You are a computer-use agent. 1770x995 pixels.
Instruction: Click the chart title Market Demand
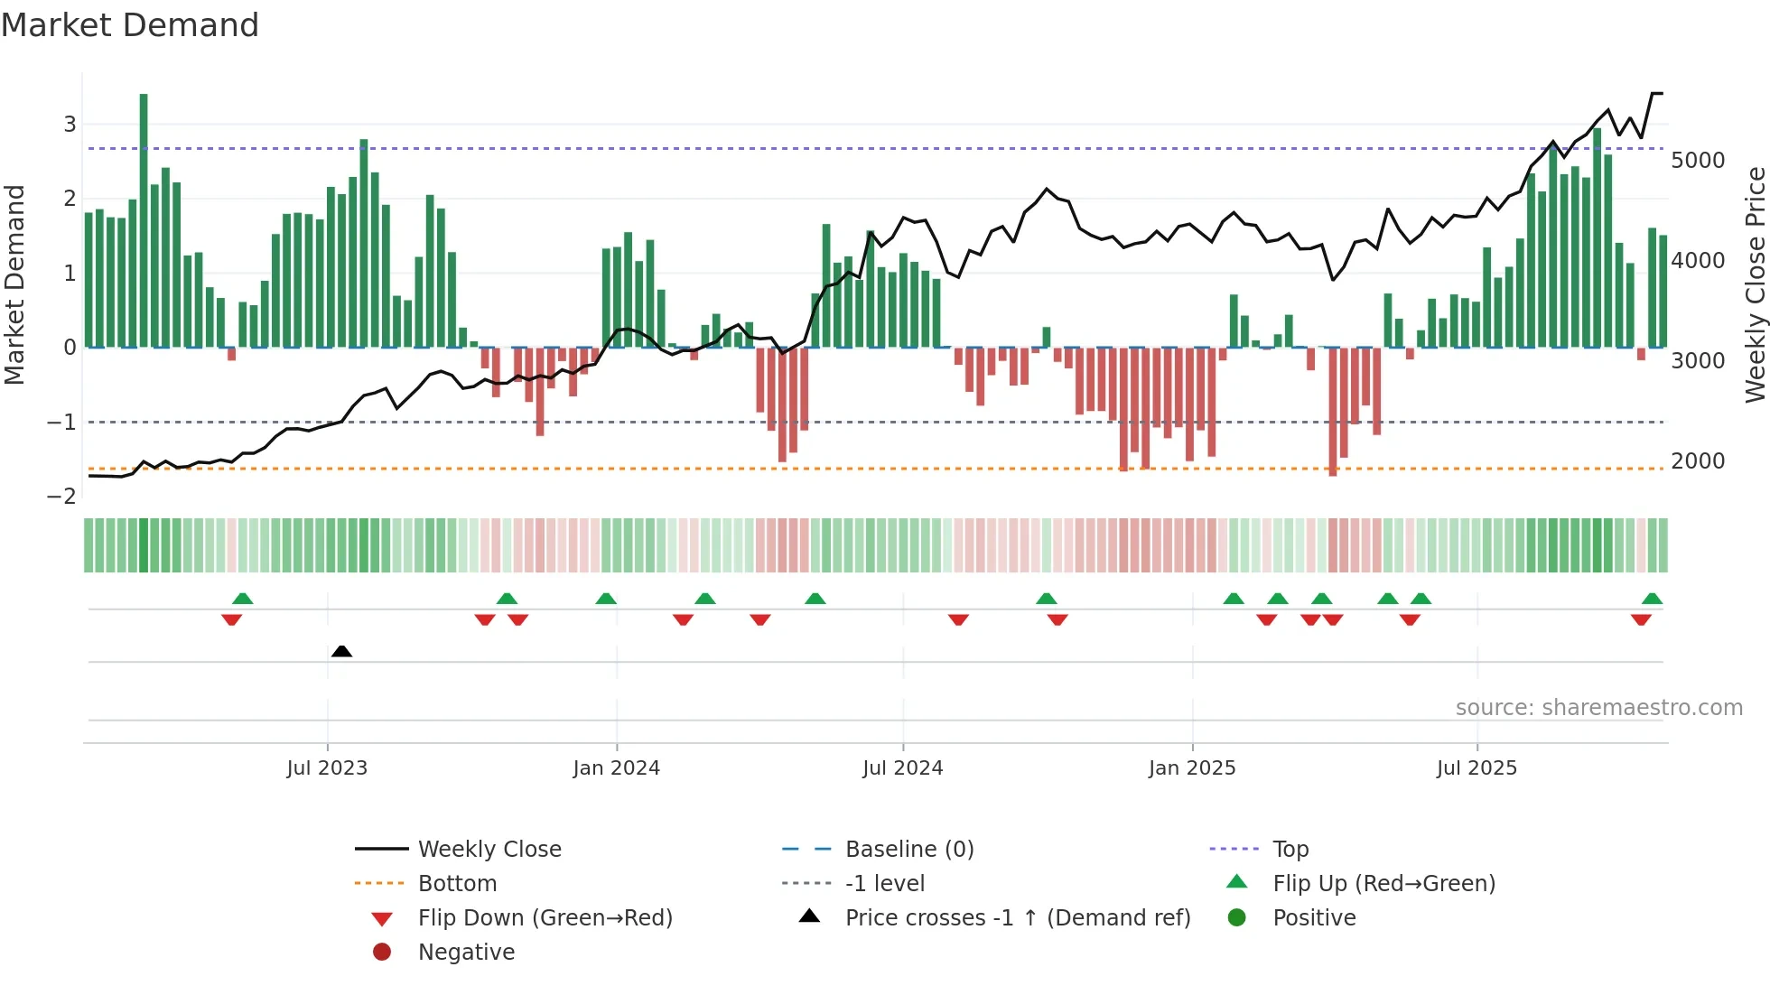130,25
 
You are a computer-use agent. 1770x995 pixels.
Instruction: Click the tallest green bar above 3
144,217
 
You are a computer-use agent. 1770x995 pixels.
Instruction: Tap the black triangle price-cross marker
341,651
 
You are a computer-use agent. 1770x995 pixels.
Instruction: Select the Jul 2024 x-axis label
902,768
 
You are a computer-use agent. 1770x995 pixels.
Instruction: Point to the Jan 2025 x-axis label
1192,768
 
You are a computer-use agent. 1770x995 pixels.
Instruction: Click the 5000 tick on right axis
1698,161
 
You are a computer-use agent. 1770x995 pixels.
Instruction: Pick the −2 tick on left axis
61,497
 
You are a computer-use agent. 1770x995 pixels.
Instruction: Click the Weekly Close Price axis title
1755,284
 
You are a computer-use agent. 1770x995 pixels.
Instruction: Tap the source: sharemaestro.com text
1598,708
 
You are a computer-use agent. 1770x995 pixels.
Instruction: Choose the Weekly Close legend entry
489,850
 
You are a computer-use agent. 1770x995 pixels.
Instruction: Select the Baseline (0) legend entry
908,850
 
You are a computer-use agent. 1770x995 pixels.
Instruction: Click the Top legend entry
1290,850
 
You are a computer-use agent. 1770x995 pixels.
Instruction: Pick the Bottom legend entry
457,884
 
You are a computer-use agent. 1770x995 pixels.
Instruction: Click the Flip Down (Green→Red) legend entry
545,918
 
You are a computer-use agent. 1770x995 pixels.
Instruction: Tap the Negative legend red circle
382,953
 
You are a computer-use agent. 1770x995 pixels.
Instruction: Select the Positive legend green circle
1237,918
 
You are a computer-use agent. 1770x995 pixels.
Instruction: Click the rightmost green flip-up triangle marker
1652,599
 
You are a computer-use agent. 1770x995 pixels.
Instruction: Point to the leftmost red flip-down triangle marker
231,619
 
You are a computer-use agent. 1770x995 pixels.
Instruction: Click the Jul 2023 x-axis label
327,768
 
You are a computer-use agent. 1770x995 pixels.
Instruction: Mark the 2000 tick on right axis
1698,461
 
